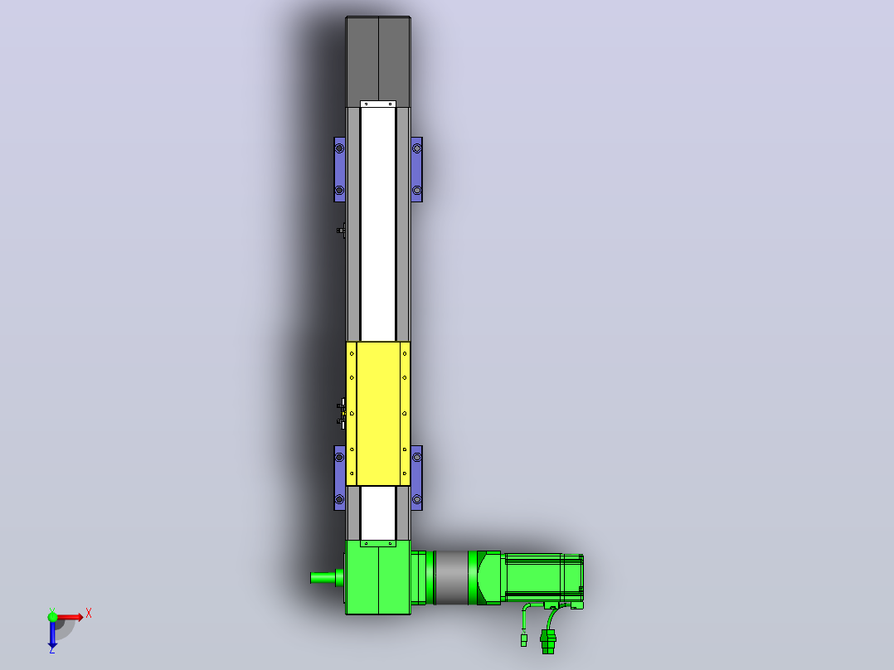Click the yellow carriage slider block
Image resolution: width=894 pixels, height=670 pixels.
[x=378, y=414]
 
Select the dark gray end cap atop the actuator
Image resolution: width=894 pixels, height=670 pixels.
[x=378, y=61]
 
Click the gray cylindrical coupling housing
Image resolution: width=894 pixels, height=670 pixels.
[x=451, y=577]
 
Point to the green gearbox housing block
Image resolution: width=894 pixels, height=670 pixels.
[x=378, y=577]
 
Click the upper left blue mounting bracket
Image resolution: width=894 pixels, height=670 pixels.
[x=339, y=169]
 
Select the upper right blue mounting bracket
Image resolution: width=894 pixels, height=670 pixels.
[x=417, y=169]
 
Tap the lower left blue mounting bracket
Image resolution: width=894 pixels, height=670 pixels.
[x=339, y=478]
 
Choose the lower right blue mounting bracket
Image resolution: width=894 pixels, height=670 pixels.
[x=417, y=478]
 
